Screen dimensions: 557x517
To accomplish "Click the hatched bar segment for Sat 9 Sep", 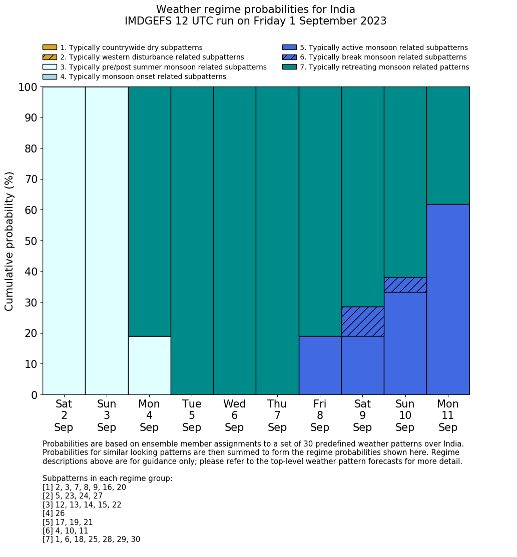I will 362,321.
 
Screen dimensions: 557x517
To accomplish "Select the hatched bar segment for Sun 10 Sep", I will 405,284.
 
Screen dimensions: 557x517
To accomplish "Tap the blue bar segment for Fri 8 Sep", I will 320,365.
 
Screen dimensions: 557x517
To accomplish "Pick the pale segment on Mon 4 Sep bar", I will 149,365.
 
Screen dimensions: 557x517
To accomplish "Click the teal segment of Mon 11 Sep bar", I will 448,145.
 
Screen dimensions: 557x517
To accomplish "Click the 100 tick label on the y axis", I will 28,87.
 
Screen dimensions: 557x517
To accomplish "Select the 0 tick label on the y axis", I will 34,395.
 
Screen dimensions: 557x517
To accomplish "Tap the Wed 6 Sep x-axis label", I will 234,415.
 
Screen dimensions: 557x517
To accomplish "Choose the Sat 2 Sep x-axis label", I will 64,415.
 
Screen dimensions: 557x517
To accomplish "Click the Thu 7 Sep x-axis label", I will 277,415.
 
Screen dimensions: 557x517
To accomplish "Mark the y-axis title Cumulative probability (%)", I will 10,241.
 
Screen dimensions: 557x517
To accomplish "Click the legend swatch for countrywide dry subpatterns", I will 50,47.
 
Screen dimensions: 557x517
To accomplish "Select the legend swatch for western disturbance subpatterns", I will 50,57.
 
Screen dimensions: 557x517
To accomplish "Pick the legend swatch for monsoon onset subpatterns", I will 50,76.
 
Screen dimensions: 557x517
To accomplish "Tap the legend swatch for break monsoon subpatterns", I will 289,57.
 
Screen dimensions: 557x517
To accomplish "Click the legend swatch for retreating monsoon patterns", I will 289,67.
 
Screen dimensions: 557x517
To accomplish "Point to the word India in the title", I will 342,9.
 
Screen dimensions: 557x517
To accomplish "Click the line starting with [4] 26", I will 54,513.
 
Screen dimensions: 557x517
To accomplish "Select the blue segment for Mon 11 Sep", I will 448,299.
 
